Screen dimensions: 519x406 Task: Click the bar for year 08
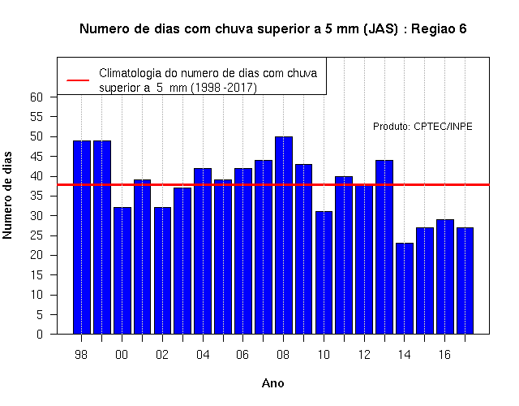point(284,235)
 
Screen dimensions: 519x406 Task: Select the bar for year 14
point(405,288)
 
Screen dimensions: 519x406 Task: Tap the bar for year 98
point(82,237)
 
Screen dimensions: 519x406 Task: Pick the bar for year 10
point(324,273)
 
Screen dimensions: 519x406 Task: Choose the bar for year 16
point(445,277)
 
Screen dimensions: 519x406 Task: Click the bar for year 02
point(162,270)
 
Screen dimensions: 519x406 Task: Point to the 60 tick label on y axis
point(36,97)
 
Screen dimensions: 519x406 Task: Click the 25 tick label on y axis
point(36,235)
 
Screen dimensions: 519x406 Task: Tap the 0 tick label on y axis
point(40,334)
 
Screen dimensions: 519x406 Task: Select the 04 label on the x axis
point(203,355)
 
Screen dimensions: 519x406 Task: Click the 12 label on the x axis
point(364,355)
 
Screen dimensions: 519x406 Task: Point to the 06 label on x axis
point(242,355)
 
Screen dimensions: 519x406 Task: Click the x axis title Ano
point(272,383)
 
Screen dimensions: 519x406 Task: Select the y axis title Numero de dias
point(7,195)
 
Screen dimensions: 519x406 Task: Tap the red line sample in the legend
point(78,80)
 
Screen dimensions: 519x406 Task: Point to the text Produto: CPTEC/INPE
point(422,127)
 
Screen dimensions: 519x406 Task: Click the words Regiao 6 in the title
point(439,29)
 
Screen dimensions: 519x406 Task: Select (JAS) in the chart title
point(380,29)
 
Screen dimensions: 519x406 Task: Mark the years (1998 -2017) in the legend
point(224,88)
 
